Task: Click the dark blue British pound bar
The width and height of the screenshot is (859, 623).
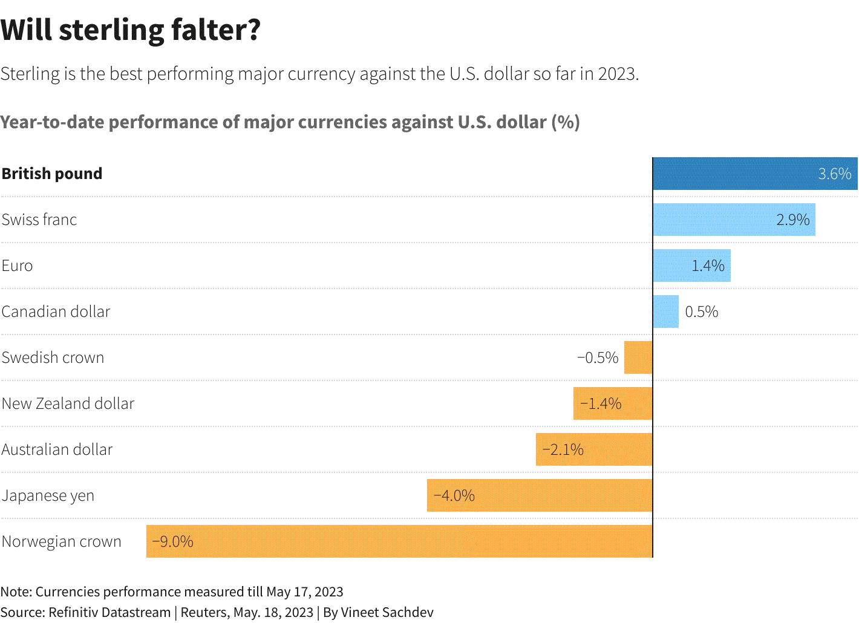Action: click(x=755, y=173)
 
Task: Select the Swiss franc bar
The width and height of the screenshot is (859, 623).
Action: click(x=734, y=220)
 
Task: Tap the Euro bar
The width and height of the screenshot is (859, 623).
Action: click(x=692, y=266)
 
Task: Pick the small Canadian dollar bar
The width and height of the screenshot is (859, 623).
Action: click(x=665, y=311)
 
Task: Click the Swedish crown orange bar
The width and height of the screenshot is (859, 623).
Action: click(x=638, y=357)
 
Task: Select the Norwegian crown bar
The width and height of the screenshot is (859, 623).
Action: click(x=399, y=541)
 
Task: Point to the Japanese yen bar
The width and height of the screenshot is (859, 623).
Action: click(x=540, y=495)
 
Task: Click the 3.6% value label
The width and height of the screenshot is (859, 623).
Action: click(x=834, y=174)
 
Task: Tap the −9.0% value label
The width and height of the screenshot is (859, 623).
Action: click(x=172, y=542)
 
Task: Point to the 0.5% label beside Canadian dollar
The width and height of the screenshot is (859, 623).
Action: click(x=701, y=311)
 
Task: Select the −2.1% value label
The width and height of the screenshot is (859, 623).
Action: click(x=563, y=450)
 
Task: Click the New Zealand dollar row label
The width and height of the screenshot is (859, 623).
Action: click(x=68, y=403)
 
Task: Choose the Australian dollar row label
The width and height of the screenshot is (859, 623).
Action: click(x=57, y=449)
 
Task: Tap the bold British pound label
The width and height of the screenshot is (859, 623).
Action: click(x=52, y=174)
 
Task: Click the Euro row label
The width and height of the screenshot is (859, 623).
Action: click(x=18, y=266)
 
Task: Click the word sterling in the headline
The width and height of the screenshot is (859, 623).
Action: click(x=112, y=30)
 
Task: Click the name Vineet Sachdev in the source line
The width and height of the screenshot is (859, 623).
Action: click(x=387, y=612)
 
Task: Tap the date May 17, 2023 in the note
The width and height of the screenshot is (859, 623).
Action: click(x=305, y=592)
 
